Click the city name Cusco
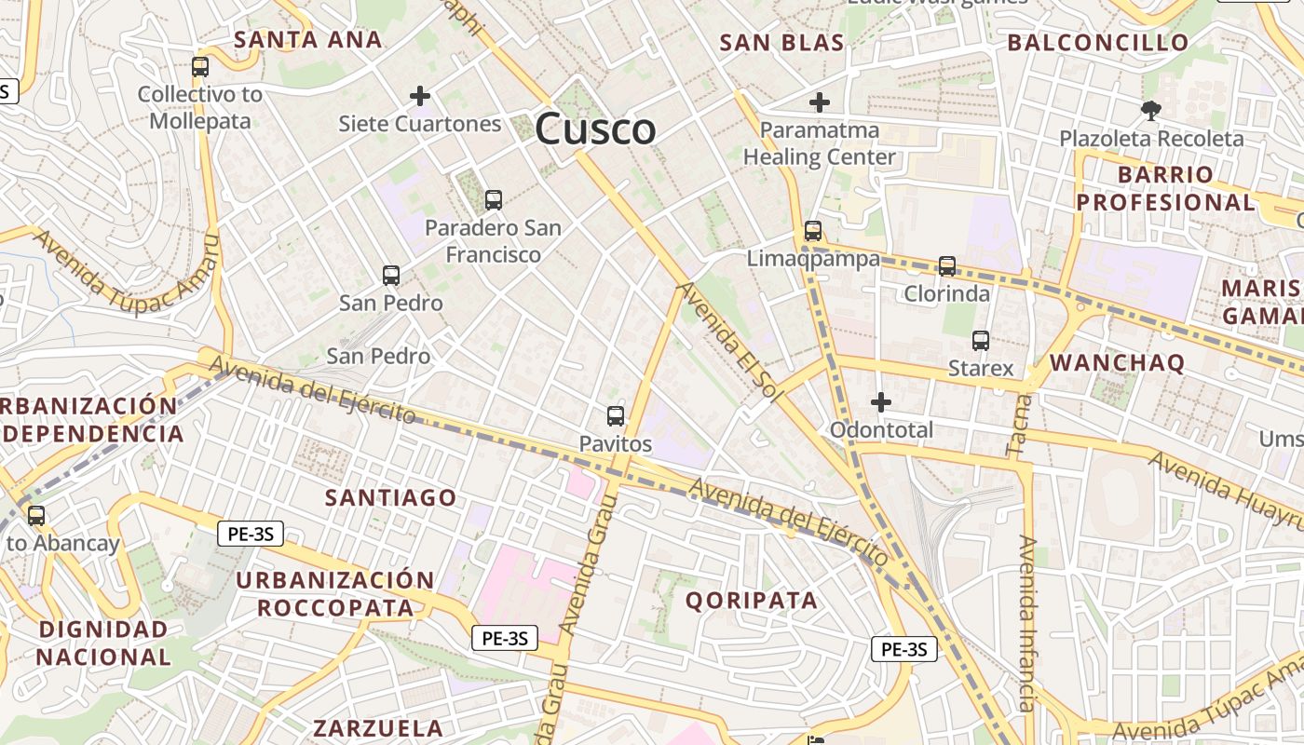point(596,129)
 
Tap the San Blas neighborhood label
point(782,42)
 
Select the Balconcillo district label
point(1098,42)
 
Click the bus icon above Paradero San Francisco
point(494,199)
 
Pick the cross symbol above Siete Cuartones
point(420,95)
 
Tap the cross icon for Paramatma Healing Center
point(820,102)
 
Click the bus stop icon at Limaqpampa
point(813,230)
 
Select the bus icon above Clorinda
point(947,266)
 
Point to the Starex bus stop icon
point(981,341)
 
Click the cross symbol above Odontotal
point(880,402)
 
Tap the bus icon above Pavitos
point(615,415)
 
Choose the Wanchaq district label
point(1118,363)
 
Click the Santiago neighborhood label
point(390,497)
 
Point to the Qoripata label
point(752,601)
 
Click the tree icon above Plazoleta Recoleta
point(1151,110)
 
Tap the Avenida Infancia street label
point(1027,624)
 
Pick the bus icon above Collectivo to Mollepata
point(200,67)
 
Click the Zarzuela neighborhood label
point(378,727)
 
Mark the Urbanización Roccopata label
point(335,594)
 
